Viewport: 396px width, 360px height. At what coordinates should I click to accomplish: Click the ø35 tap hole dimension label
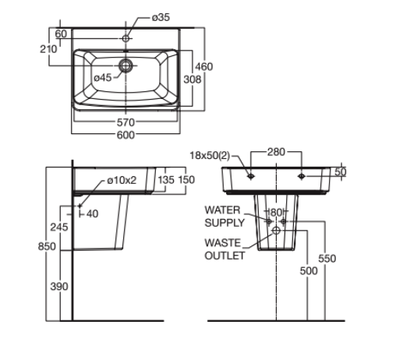pos(159,17)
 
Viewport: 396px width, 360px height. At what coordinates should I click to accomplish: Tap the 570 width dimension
pos(126,122)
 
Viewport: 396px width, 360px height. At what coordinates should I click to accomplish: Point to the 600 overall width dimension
pos(126,135)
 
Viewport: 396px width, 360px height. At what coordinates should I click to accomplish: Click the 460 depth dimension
pos(203,67)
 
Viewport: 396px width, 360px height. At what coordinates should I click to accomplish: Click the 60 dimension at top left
pos(60,34)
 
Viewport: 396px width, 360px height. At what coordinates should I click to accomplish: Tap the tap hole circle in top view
pos(126,36)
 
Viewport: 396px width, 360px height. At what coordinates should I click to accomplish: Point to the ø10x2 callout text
pos(121,181)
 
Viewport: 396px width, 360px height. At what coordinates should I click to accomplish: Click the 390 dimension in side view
pos(59,287)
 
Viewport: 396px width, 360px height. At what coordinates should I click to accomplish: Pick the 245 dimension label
pos(59,227)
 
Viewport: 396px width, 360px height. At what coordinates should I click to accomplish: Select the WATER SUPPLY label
pos(225,216)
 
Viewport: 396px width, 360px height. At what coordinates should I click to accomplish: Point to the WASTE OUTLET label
pos(225,249)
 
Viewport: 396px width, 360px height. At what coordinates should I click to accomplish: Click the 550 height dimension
pos(327,259)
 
